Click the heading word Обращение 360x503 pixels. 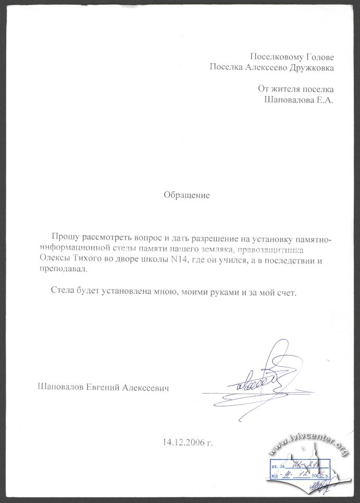(187, 195)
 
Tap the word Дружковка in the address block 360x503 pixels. (307, 67)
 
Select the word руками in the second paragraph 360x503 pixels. (224, 291)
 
